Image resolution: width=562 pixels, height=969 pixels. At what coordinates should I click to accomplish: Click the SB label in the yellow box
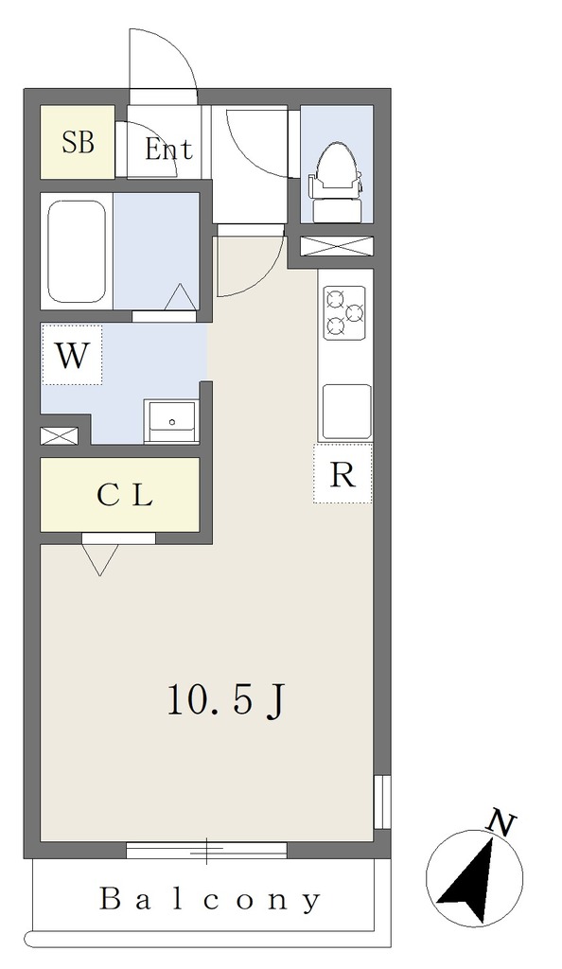click(x=79, y=143)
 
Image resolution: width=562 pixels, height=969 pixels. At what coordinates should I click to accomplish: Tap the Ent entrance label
click(x=168, y=149)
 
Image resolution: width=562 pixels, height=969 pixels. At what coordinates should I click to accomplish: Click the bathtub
click(x=77, y=251)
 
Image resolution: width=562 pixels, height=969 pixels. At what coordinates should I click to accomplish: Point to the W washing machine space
click(x=72, y=356)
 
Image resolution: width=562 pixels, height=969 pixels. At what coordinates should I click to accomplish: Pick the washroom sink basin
click(x=171, y=421)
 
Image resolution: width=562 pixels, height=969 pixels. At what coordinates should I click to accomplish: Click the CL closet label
click(x=125, y=495)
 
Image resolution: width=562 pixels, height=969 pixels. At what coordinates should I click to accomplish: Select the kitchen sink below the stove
click(x=347, y=412)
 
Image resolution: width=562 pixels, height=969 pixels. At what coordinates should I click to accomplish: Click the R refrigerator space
click(x=342, y=474)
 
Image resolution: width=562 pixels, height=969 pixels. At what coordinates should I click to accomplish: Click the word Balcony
click(x=211, y=899)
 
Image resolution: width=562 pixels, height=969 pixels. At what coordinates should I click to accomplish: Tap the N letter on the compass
click(x=501, y=823)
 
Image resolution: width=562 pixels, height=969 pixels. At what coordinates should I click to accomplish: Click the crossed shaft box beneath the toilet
click(x=337, y=245)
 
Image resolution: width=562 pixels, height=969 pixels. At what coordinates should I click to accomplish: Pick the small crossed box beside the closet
click(x=60, y=435)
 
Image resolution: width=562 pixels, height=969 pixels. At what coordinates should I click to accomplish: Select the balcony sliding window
click(x=207, y=851)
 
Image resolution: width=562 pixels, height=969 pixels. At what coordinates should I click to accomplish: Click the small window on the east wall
click(x=383, y=801)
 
